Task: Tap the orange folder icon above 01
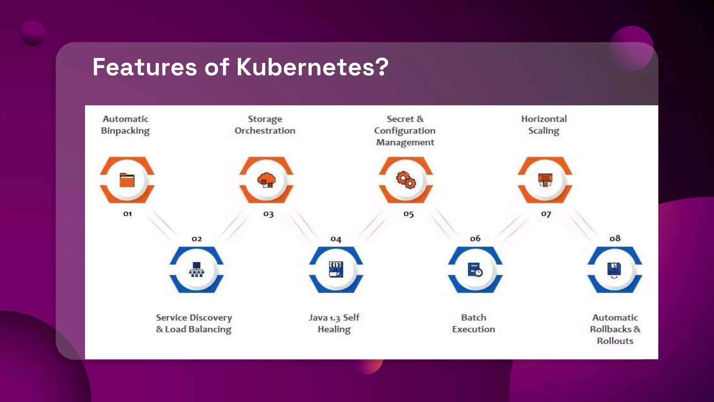(127, 180)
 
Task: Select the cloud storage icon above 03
(266, 180)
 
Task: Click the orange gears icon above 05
(406, 180)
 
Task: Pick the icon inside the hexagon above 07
(545, 180)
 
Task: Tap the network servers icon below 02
(197, 269)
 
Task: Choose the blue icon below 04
(336, 269)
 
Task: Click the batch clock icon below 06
(475, 270)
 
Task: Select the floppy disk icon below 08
(614, 270)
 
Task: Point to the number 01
(128, 214)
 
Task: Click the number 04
(336, 239)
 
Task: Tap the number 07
(546, 214)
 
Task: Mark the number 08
(615, 238)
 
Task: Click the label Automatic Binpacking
(126, 125)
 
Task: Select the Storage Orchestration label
(265, 125)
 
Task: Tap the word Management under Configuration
(405, 142)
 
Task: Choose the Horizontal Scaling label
(544, 125)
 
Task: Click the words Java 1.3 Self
(334, 318)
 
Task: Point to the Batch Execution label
(473, 323)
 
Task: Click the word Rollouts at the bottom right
(615, 341)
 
